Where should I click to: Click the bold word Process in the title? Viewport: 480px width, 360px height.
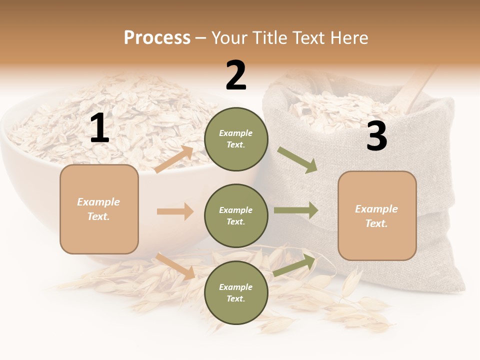click(157, 38)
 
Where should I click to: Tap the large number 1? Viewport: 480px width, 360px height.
click(99, 128)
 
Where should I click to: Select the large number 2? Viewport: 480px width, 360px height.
click(236, 75)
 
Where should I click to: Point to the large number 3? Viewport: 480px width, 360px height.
click(376, 136)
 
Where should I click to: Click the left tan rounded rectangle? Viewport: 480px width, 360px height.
click(99, 209)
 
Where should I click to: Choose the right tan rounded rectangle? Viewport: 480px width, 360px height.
click(377, 216)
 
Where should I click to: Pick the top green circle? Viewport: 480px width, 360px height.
click(236, 139)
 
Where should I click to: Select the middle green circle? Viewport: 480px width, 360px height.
click(236, 216)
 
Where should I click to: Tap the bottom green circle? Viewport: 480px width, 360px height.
click(236, 293)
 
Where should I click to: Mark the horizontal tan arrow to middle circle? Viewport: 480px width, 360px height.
click(175, 211)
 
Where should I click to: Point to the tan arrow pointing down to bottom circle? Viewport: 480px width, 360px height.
click(175, 266)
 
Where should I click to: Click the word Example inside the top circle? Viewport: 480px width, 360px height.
click(236, 133)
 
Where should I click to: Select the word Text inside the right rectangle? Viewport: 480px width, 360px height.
click(376, 223)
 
